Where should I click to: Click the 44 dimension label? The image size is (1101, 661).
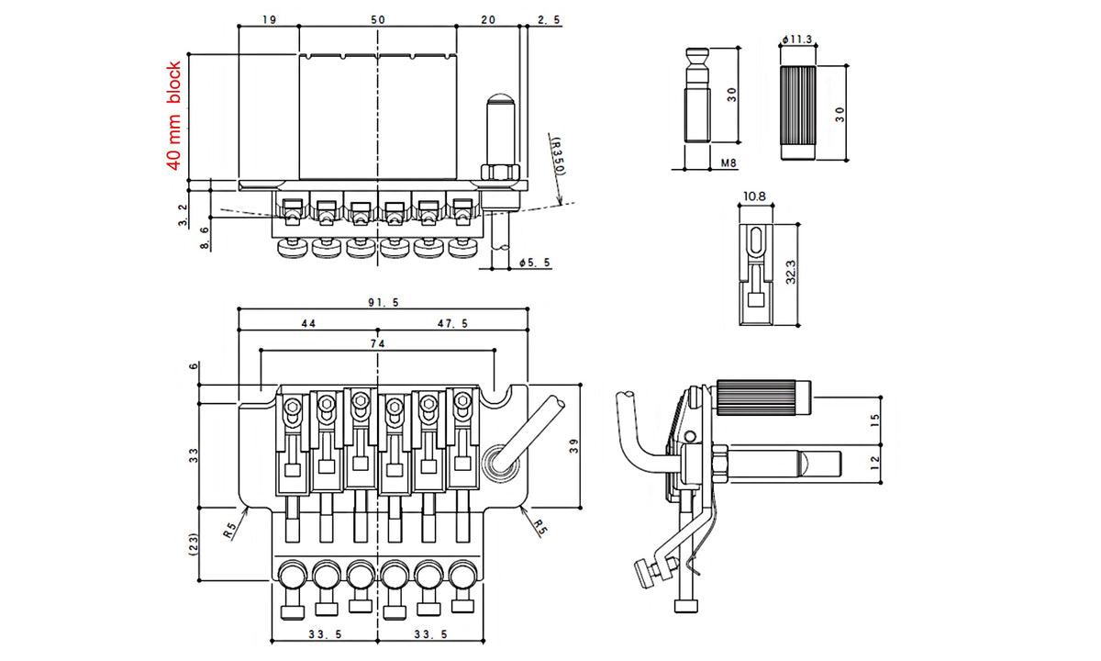click(307, 323)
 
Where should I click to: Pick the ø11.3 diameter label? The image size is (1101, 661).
click(797, 39)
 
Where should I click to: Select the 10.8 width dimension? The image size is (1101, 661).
click(755, 196)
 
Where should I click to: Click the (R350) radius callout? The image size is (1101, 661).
click(557, 157)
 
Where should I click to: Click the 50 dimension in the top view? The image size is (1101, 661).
click(378, 18)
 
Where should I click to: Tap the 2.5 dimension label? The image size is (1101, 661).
click(549, 18)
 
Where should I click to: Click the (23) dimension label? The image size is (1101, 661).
click(192, 543)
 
